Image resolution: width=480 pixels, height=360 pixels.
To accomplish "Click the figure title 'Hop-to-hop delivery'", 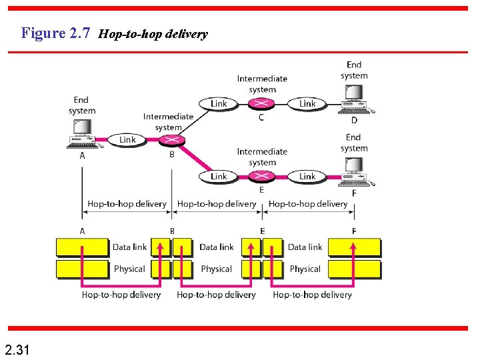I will [x=153, y=34].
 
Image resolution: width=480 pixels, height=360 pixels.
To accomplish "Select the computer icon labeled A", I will [x=82, y=134].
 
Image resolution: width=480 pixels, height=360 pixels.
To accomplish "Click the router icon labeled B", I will [x=173, y=139].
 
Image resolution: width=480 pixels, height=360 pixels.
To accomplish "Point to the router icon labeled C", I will [x=261, y=103].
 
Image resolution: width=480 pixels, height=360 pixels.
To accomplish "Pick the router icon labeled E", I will [x=261, y=176].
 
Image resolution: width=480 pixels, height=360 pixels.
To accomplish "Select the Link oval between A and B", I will [x=127, y=139].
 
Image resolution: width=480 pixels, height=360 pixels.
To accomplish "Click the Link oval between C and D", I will [x=307, y=103].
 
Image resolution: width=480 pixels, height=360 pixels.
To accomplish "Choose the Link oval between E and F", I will [x=307, y=176].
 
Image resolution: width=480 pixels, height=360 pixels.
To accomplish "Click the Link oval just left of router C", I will [x=219, y=103].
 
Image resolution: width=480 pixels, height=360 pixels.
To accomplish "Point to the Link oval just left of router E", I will [x=219, y=176].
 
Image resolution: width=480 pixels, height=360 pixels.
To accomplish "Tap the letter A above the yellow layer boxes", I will [x=83, y=231].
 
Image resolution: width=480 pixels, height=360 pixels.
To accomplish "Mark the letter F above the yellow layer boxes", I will [x=353, y=231].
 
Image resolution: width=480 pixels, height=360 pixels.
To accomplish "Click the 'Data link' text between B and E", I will [x=217, y=247].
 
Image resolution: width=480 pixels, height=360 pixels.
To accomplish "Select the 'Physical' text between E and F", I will [x=305, y=269].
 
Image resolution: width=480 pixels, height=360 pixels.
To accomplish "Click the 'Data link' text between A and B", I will [x=129, y=247].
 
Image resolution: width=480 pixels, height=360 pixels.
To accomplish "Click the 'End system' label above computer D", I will [x=354, y=70].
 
